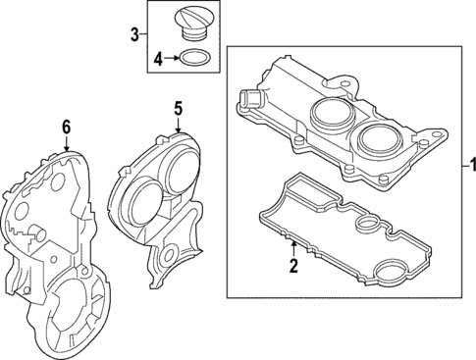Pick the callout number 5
tap(179, 109)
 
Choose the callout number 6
tap(66, 126)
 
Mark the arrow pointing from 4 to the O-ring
tap(175, 59)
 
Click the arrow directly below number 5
tap(179, 125)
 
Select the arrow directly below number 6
tap(66, 142)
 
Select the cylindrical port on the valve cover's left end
tap(248, 98)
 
